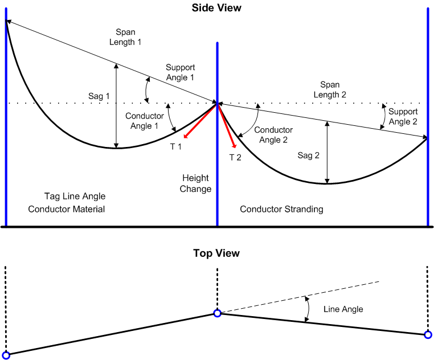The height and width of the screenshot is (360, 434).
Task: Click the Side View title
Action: pos(216,8)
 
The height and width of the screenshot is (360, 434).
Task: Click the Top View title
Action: pos(216,253)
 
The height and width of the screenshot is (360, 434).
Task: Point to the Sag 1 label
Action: pos(99,96)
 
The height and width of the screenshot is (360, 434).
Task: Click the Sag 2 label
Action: pos(309,155)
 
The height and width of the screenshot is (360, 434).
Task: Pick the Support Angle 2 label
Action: pos(403,117)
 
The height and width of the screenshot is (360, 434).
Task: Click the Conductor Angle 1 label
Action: pos(145,121)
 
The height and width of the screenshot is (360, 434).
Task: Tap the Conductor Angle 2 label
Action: pos(273,135)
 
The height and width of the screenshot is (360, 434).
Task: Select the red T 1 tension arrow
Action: pos(200,121)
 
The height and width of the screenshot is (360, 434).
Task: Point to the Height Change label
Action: pos(196,183)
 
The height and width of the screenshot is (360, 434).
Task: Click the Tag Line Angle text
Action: pos(75,197)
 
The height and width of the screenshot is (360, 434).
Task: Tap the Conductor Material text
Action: pos(67,209)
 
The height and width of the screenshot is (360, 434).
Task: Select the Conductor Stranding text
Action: pos(281,209)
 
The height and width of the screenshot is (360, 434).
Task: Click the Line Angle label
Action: pos(343,309)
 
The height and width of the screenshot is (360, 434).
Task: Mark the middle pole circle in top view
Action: pos(217,313)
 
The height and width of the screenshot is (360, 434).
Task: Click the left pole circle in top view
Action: pos(6,355)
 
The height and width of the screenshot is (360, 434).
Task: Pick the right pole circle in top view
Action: pos(428,335)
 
